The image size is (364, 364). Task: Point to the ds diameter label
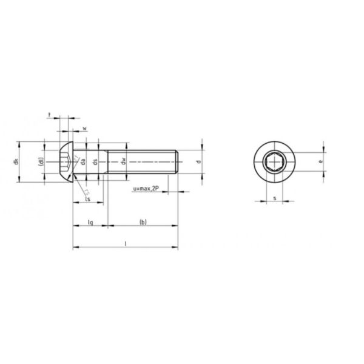(95, 162)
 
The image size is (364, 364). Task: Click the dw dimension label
(123, 162)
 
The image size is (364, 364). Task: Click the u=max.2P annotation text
(146, 190)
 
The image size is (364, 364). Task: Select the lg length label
(90, 223)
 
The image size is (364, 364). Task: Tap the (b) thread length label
(143, 223)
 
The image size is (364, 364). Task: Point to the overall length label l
(125, 243)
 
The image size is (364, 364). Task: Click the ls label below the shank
(88, 198)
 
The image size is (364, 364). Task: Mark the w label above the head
(84, 128)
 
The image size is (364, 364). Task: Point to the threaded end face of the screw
(177, 162)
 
